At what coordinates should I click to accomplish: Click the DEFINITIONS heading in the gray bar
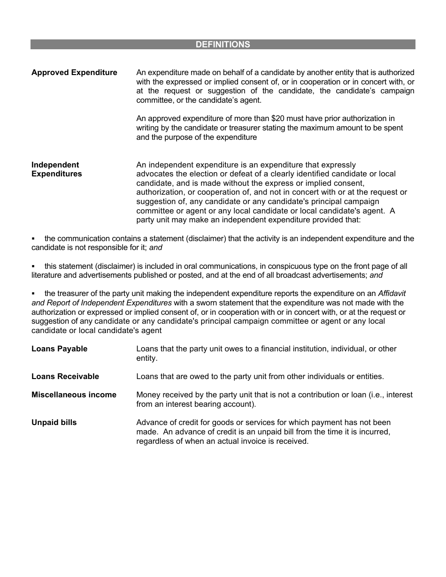coord(223,45)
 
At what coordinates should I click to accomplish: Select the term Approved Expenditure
coord(74,73)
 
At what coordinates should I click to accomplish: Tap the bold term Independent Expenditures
coord(56,169)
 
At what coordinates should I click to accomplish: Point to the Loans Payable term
coord(59,349)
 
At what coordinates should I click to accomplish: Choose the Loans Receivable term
coord(65,377)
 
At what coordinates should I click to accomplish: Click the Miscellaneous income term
coord(74,395)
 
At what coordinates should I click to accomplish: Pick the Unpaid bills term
coord(54,423)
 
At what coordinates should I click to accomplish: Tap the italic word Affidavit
coord(392,294)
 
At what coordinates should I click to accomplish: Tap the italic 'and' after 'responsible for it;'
coord(155,248)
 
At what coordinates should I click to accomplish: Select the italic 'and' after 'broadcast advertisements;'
coord(376,275)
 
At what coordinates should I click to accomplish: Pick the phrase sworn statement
coord(227,303)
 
